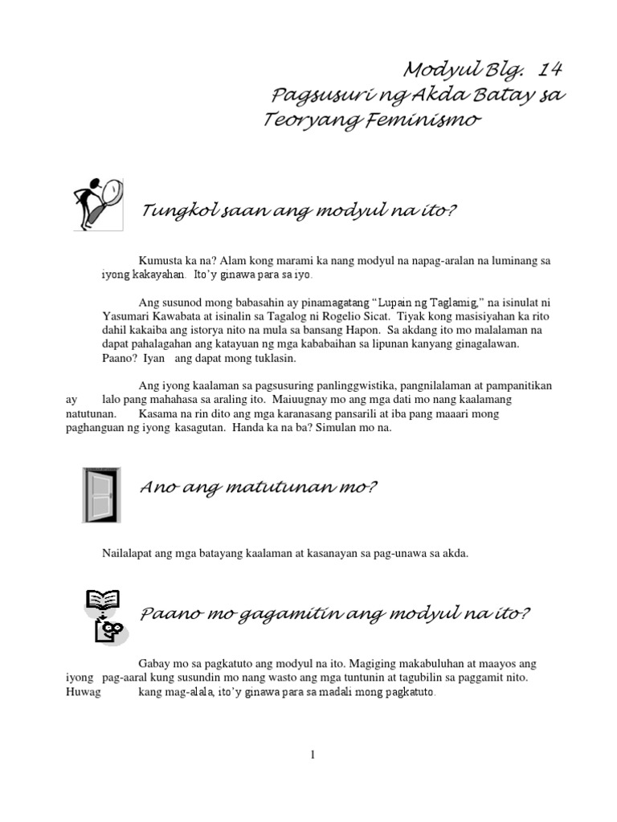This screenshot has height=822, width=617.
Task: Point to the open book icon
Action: (x=103, y=598)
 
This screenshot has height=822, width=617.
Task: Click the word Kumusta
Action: (x=160, y=262)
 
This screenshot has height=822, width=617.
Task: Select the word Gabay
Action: (x=155, y=664)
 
